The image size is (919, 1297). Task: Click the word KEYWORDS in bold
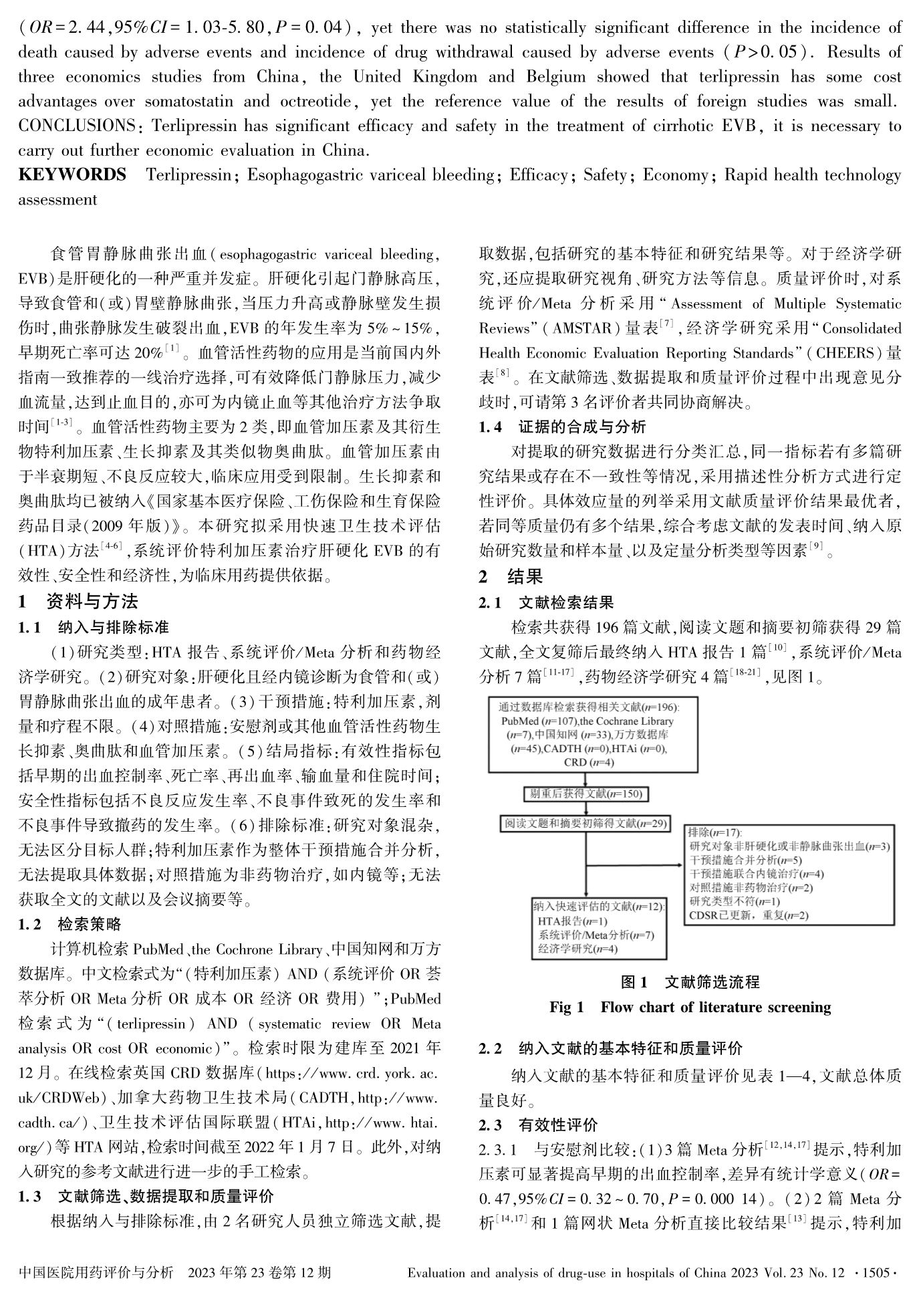pos(72,175)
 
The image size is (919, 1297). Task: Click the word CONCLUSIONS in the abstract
pos(76,126)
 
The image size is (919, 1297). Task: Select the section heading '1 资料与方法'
pos(78,602)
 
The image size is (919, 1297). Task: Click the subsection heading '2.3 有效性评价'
pos(539,1125)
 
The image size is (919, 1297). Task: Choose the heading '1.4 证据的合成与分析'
pos(563,427)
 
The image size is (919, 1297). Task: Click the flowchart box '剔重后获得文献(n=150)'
pos(585,794)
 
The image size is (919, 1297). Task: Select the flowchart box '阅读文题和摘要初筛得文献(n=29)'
pos(585,824)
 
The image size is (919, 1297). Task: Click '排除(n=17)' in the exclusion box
pos(714,833)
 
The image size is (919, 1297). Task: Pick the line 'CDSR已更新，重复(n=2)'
pos(748,915)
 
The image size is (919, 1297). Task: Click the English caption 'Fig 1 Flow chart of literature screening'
pos(690,1008)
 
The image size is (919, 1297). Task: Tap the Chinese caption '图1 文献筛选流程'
pos(690,982)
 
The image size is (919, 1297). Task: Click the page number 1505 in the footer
pos(876,1272)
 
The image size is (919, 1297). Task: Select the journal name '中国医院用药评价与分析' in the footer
pos(96,1272)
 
